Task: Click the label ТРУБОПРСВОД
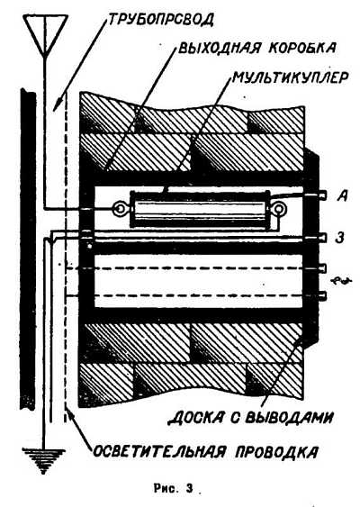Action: [160, 20]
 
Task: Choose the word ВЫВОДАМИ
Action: [289, 418]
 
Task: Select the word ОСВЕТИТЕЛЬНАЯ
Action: [159, 451]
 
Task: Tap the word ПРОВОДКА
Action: [276, 452]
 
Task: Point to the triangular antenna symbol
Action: [46, 35]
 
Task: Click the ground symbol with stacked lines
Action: [43, 460]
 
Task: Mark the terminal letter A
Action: [342, 196]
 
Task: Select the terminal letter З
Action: [339, 239]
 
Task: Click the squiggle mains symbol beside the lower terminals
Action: [341, 281]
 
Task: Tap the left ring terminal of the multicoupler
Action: [119, 210]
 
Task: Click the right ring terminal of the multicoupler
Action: [278, 209]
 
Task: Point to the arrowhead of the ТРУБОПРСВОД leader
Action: [56, 106]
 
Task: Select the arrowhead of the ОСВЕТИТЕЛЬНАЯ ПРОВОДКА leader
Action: [70, 414]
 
